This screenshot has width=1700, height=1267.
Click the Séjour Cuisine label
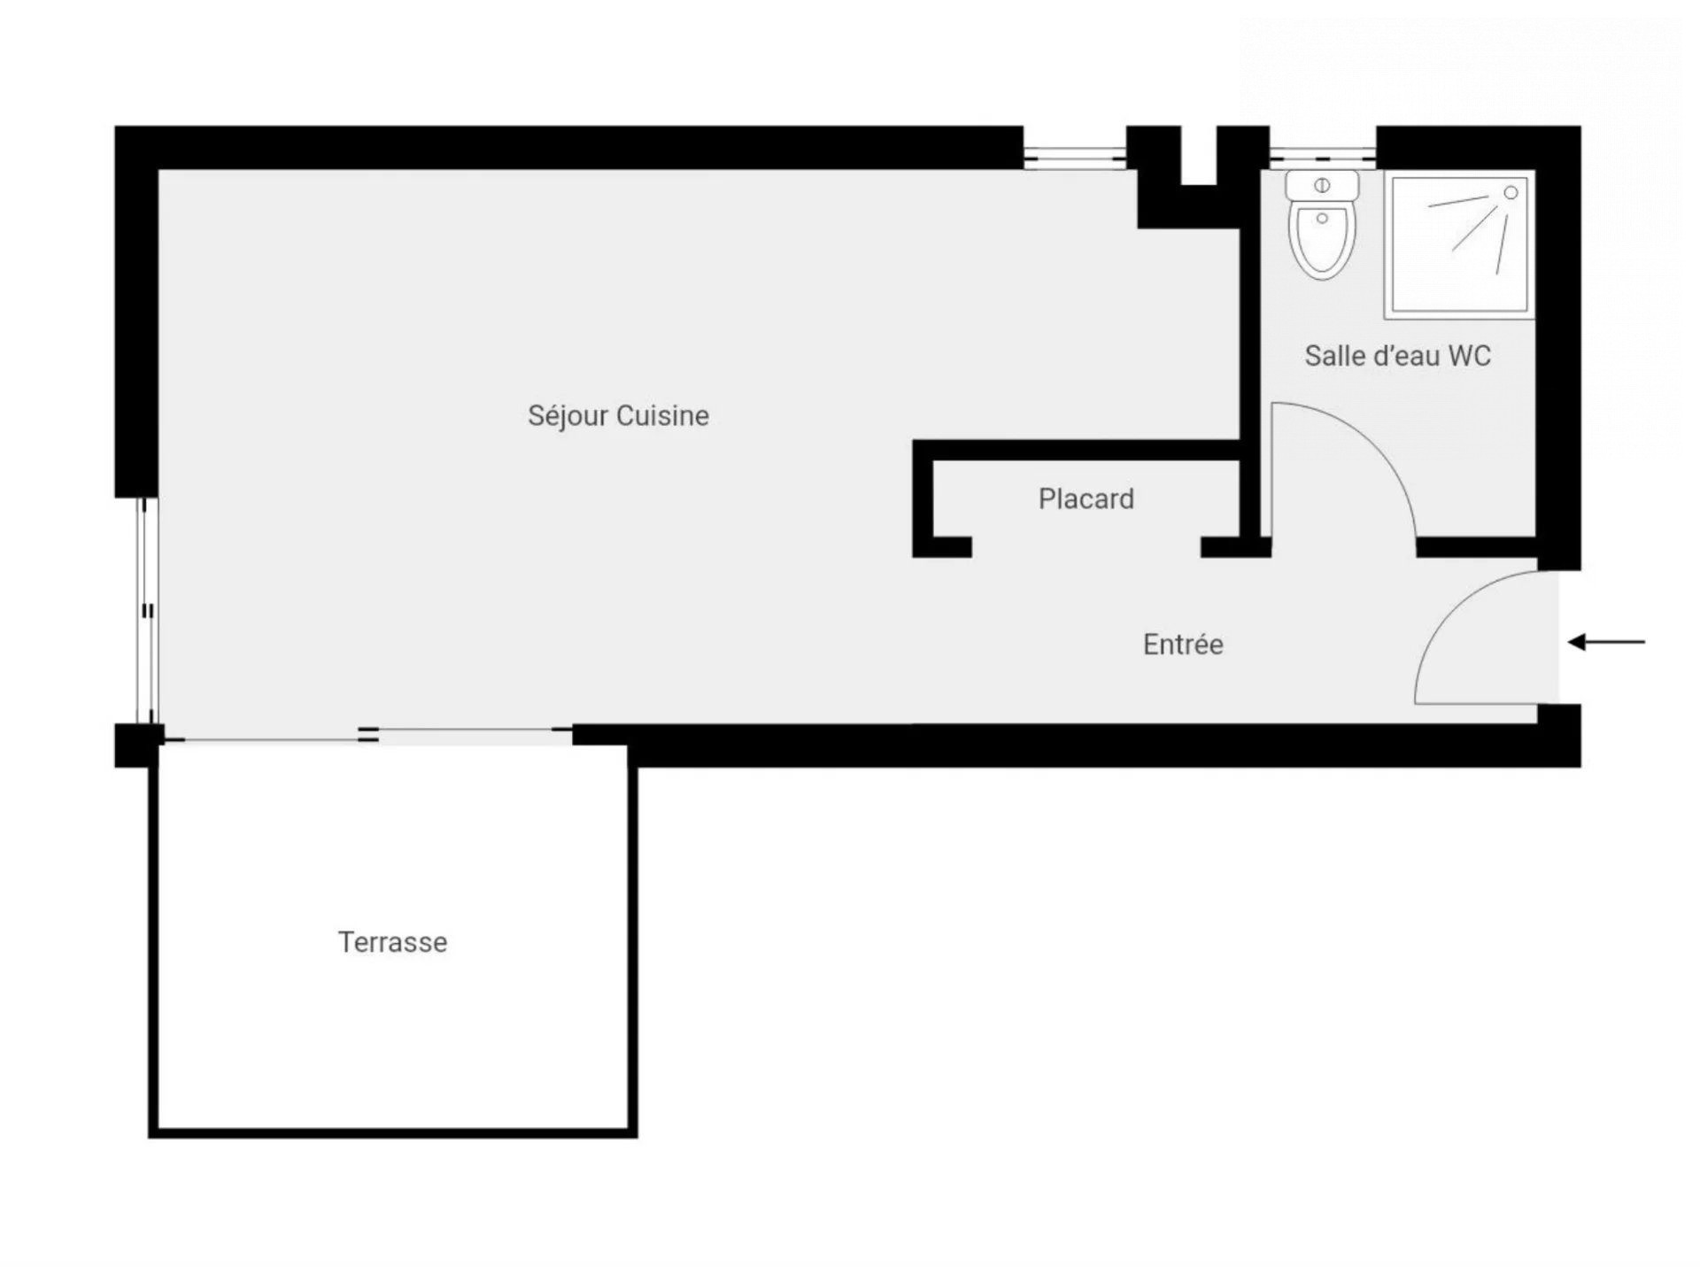618,416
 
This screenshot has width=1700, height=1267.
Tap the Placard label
1086,499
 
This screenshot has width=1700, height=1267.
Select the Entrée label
1183,645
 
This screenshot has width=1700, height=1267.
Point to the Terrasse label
392,942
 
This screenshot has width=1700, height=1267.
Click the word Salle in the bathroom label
1334,356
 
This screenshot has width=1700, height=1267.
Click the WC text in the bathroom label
1470,356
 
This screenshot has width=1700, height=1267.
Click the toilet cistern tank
1322,186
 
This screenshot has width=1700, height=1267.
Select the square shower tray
1459,244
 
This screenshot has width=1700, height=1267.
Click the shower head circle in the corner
1511,193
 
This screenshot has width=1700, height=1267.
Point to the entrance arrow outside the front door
1606,642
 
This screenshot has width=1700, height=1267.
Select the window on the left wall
148,611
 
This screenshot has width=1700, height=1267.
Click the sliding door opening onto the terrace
368,734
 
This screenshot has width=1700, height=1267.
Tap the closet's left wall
923,498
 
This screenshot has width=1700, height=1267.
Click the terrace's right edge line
633,941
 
